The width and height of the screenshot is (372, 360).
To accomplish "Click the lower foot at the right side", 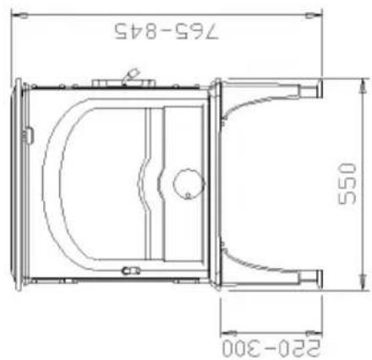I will pyautogui.click(x=317, y=275).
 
